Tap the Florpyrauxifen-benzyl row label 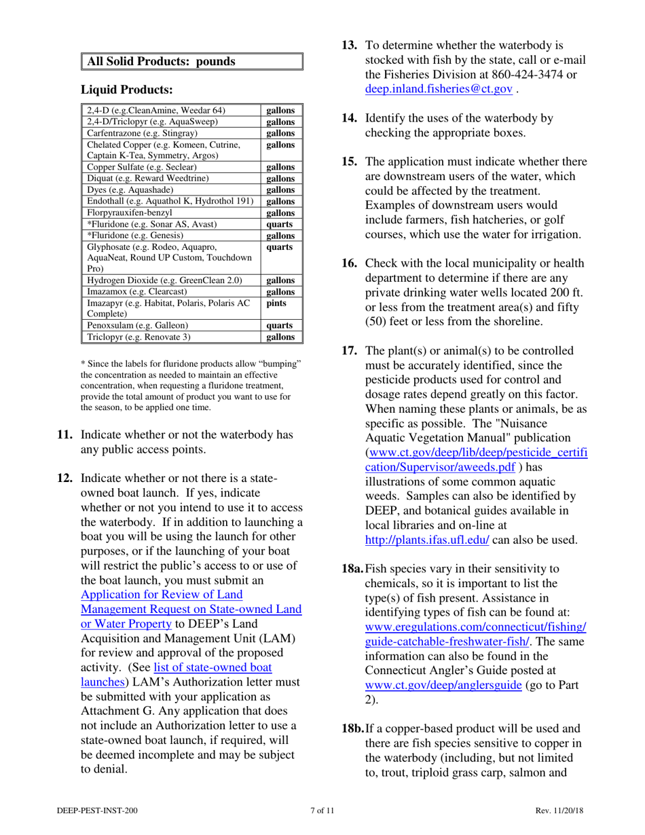(x=132, y=213)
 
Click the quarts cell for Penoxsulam (x=280, y=325)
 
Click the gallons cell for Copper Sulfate (x=280, y=167)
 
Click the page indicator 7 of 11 (x=322, y=811)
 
